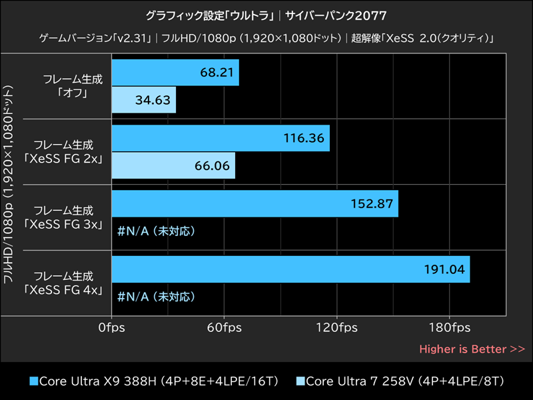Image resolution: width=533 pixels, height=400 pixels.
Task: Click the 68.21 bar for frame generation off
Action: coord(175,72)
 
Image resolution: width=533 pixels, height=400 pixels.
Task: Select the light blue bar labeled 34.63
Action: coord(143,103)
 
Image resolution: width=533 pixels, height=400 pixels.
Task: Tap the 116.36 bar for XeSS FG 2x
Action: coord(220,138)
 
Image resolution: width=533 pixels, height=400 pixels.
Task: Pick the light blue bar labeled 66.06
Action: coord(173,165)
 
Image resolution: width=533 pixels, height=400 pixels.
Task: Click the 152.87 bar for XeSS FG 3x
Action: coord(255,203)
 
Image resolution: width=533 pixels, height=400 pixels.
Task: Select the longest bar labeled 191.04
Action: coord(290,269)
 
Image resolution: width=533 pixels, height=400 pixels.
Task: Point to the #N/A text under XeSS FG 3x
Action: coord(156,231)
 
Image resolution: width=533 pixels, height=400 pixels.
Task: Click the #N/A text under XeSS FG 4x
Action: coord(156,296)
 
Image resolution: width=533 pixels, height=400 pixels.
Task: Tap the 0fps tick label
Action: coord(111,327)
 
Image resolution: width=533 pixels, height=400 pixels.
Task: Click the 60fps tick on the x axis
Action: coord(224,327)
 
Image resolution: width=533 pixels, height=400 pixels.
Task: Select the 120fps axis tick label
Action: coord(336,327)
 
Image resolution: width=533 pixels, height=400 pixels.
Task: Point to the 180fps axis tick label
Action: coord(448,327)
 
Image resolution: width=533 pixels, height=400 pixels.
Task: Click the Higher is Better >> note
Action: coord(472,349)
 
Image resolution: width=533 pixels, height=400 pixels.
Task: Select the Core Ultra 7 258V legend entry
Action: coord(400,381)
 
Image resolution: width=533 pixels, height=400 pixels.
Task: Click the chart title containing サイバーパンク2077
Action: coord(266,15)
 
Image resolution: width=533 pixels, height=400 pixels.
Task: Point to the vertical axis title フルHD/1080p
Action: coord(9,183)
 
